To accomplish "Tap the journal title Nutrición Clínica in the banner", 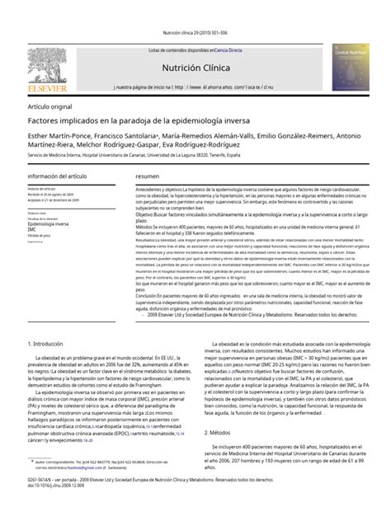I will pyautogui.click(x=195, y=71).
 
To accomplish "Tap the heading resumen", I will pyautogui.click(x=148, y=177).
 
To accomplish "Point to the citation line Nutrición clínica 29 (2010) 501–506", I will pyautogui.click(x=195, y=34).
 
